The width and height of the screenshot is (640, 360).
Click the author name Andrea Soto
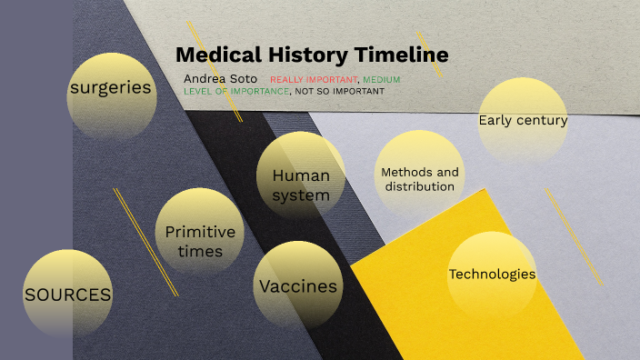(x=220, y=79)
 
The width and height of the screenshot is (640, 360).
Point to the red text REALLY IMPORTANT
(x=314, y=80)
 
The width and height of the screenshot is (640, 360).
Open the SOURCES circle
(x=68, y=294)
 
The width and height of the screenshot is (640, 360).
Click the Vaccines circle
(x=298, y=285)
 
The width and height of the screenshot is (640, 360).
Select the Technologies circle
(x=492, y=275)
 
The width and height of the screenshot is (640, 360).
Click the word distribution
(x=419, y=186)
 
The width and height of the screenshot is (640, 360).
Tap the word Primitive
(x=200, y=232)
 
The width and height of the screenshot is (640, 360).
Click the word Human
(x=301, y=175)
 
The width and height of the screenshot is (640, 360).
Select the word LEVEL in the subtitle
(x=199, y=91)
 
